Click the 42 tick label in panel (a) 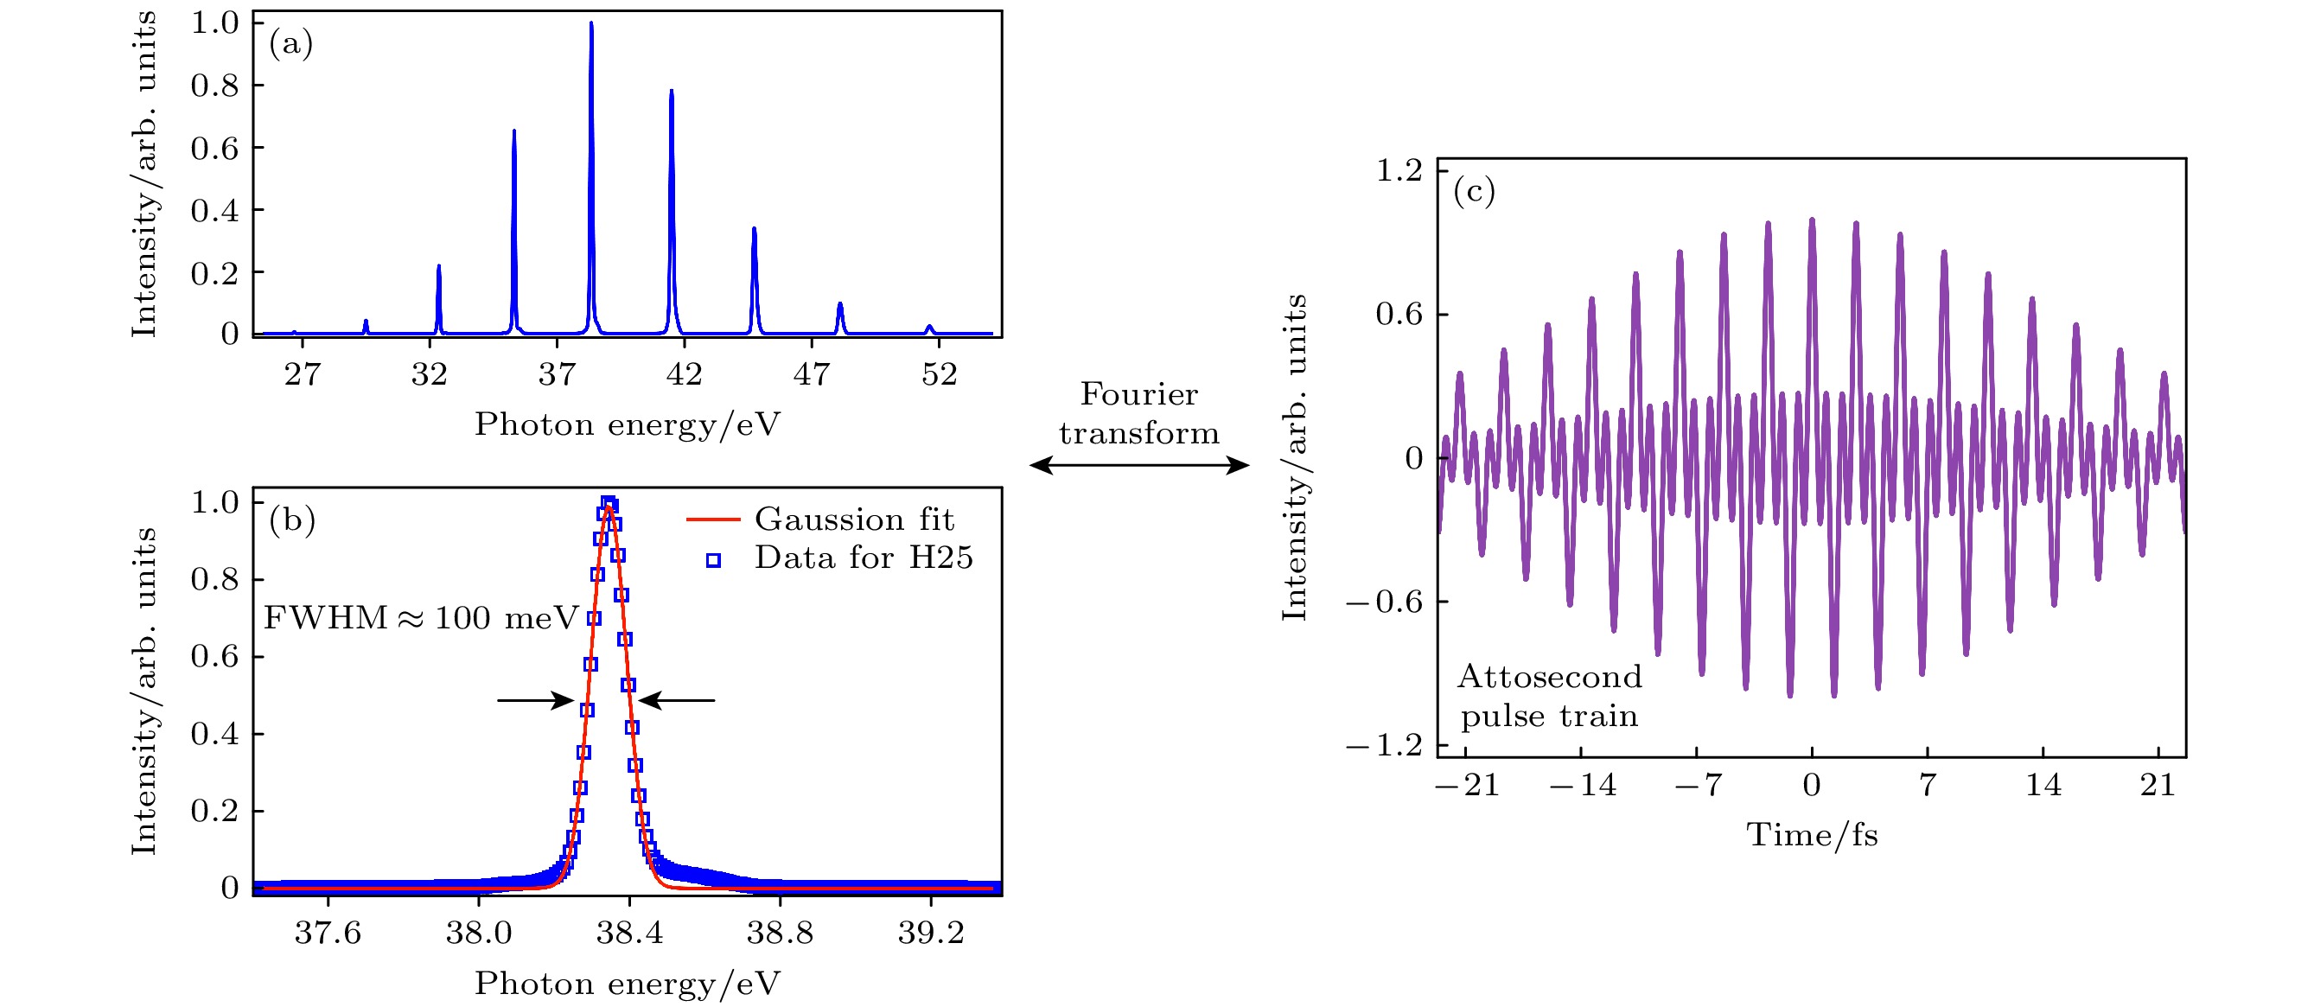click(x=684, y=373)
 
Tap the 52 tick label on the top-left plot click(x=939, y=373)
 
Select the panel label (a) click(x=291, y=43)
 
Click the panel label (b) click(x=292, y=520)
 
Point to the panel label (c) click(x=1474, y=190)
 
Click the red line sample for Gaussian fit click(x=712, y=519)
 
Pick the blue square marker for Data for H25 click(x=713, y=560)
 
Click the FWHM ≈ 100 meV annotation click(x=420, y=618)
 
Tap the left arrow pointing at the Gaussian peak click(x=535, y=700)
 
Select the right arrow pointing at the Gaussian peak click(x=677, y=700)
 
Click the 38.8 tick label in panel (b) click(x=780, y=934)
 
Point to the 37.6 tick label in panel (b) click(x=328, y=934)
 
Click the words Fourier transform click(x=1139, y=413)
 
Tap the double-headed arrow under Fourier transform click(x=1139, y=464)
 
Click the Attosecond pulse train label click(x=1550, y=696)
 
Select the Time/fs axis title click(x=1812, y=836)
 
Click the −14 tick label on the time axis click(x=1583, y=786)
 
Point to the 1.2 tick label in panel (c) click(x=1399, y=169)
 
